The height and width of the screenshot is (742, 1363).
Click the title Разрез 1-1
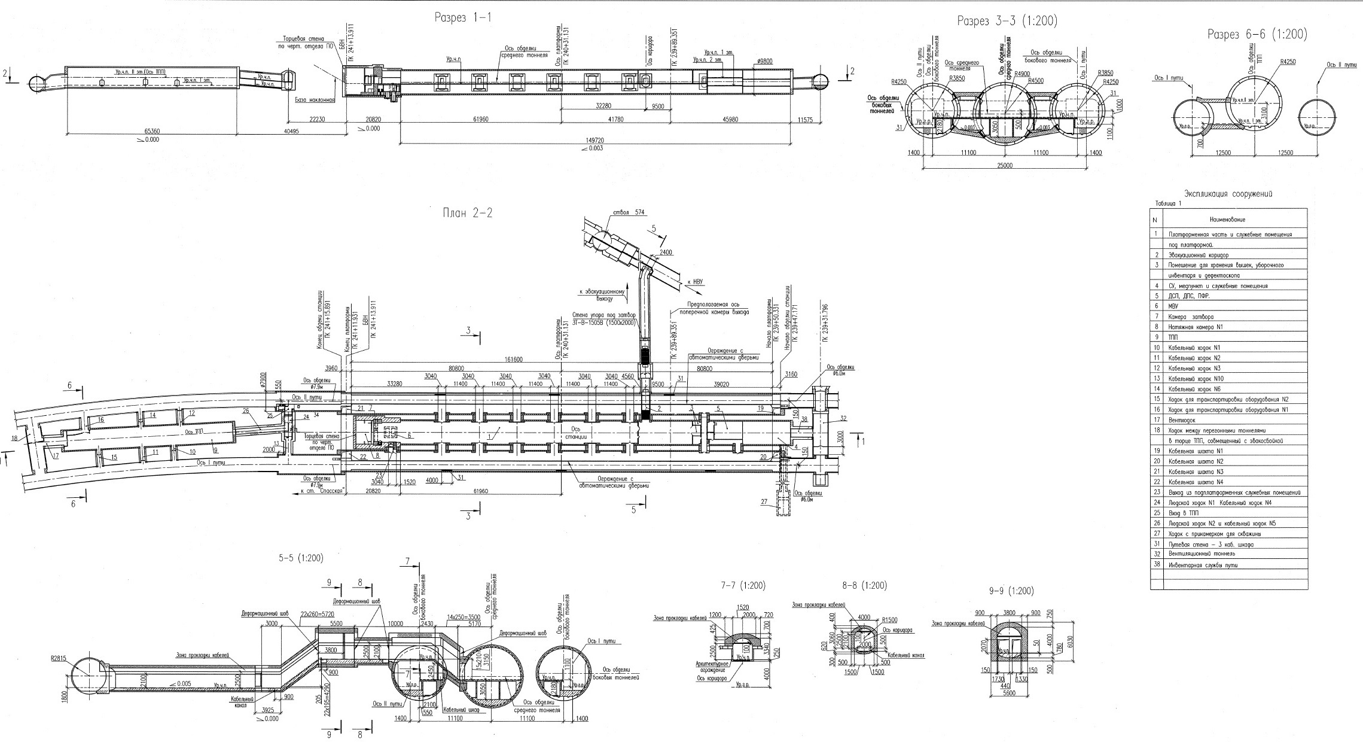[463, 17]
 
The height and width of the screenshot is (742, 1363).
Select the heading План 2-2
[467, 212]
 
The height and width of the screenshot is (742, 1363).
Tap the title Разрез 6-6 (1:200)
[1257, 35]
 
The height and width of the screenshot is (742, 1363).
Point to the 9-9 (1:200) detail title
[1011, 591]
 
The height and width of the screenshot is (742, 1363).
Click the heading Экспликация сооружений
[1228, 193]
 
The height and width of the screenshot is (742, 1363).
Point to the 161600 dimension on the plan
[513, 360]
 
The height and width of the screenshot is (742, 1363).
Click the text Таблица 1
[1163, 203]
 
